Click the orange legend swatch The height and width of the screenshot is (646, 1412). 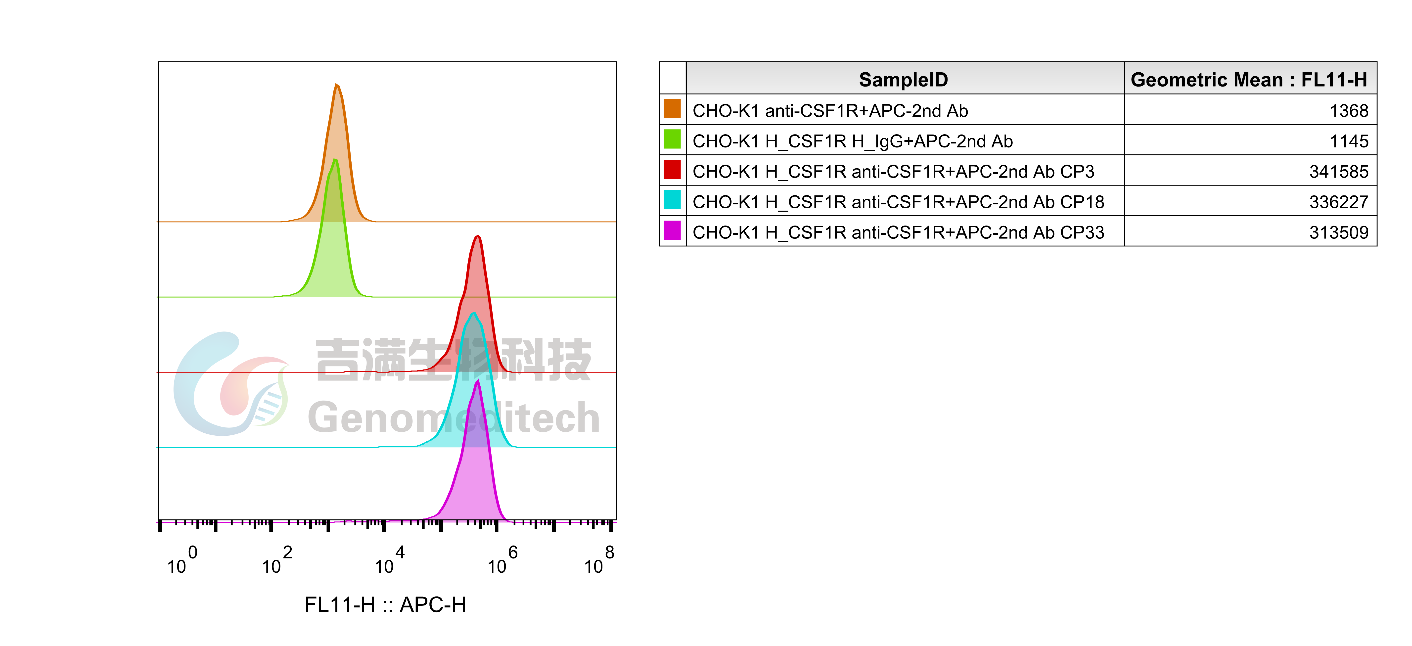click(x=672, y=109)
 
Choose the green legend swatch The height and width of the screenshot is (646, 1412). click(x=672, y=139)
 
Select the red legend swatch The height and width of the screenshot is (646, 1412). click(x=672, y=169)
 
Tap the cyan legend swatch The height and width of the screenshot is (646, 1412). click(x=672, y=200)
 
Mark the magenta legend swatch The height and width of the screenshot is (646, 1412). click(x=672, y=230)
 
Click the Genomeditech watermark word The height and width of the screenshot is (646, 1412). click(x=454, y=418)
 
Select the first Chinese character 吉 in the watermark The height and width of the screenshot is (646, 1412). click(x=338, y=359)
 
